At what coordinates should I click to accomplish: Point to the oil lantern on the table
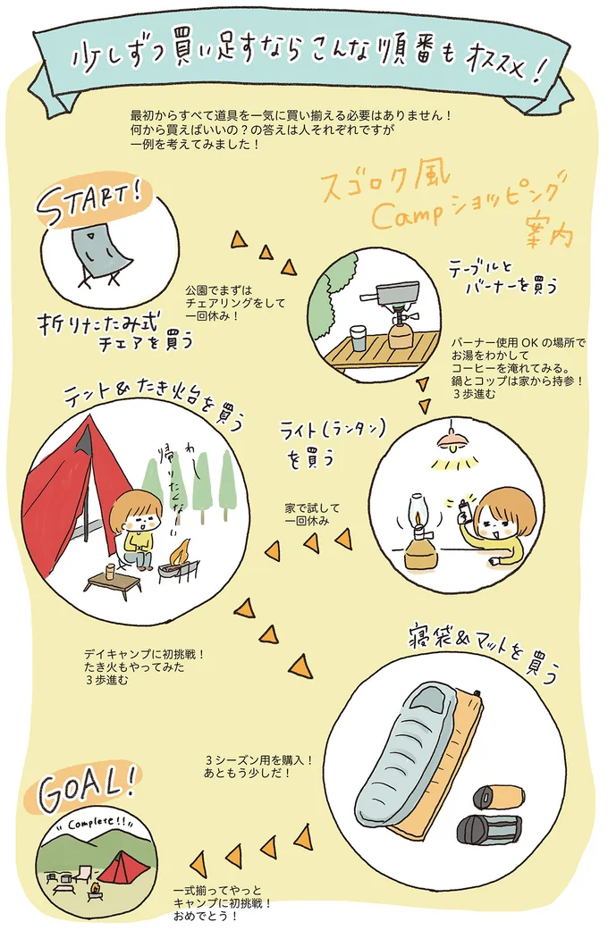[x=418, y=532]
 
